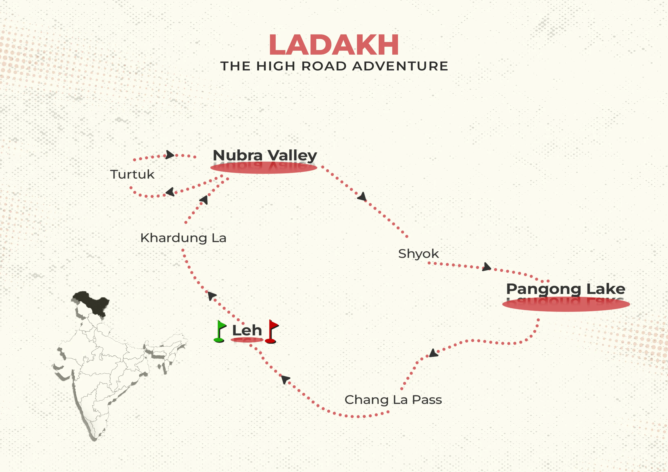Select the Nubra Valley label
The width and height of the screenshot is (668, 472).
pyautogui.click(x=265, y=155)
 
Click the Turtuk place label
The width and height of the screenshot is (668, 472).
pyautogui.click(x=132, y=175)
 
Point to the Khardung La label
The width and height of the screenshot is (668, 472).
pyautogui.click(x=183, y=238)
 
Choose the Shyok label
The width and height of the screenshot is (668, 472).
pyautogui.click(x=418, y=254)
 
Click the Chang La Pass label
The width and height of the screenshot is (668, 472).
pyautogui.click(x=393, y=400)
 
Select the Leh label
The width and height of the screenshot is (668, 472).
pyautogui.click(x=247, y=330)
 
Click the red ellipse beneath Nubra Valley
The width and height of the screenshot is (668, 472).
pyautogui.click(x=264, y=168)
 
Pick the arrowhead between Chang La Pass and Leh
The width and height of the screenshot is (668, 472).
pyautogui.click(x=285, y=379)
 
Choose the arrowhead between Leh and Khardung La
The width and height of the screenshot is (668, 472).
pyautogui.click(x=212, y=296)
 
